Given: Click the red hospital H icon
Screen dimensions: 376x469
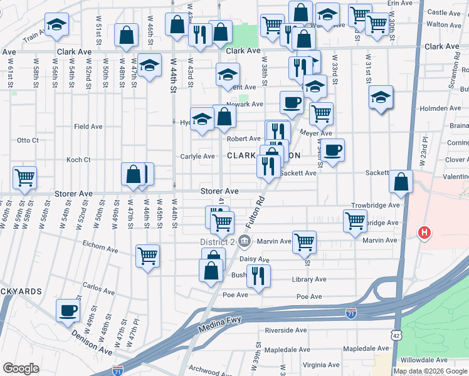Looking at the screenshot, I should tap(424, 233).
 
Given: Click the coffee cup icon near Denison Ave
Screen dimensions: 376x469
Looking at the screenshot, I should tap(68, 310).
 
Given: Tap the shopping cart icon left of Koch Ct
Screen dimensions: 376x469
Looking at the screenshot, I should tap(24, 177).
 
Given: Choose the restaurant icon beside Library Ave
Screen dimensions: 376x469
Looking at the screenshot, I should tap(258, 275).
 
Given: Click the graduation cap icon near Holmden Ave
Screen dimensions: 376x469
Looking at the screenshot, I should tap(381, 97).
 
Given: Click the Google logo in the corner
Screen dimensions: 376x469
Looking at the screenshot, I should tap(21, 368).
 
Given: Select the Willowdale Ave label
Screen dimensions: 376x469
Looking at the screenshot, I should tap(426, 360).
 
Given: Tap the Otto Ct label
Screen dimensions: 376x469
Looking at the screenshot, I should tap(28, 140).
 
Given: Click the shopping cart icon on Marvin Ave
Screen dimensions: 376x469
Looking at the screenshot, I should tap(304, 241).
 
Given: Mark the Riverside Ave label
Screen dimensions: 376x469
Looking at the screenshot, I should tap(285, 330).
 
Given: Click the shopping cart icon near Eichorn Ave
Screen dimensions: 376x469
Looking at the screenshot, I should tap(147, 255).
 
